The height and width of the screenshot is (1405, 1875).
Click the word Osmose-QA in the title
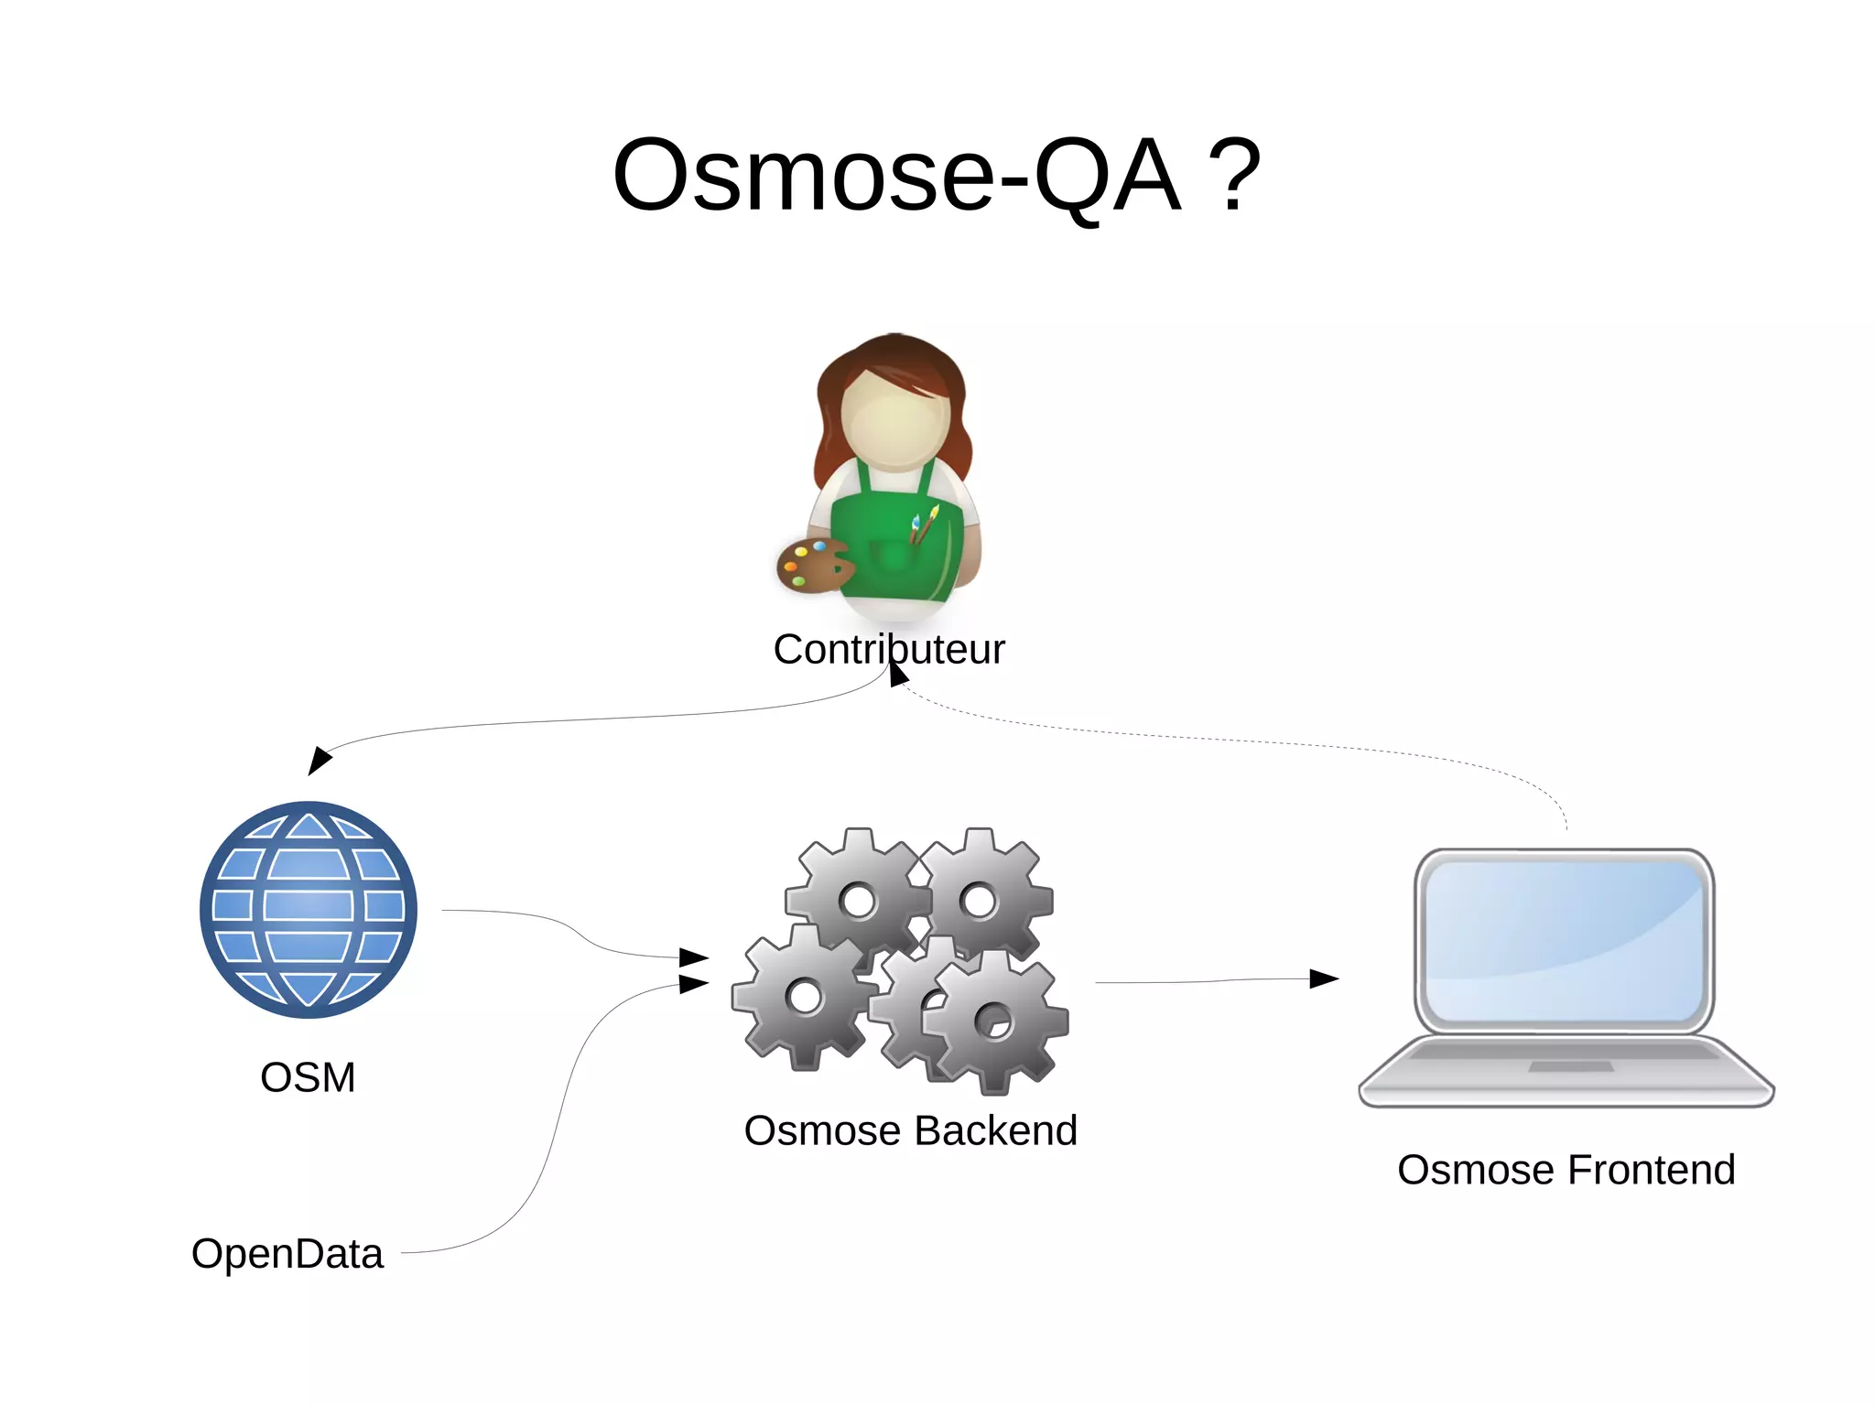[896, 176]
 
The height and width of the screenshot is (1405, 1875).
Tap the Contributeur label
[888, 649]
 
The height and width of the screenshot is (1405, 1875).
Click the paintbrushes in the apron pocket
[924, 525]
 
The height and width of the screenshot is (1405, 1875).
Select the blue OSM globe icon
[309, 909]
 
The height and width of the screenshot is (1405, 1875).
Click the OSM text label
[308, 1077]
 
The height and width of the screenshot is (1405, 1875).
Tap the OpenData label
[287, 1253]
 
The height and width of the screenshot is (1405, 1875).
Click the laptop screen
[1564, 941]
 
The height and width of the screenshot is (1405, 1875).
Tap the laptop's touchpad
[1570, 1066]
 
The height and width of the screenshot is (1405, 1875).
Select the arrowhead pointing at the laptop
[1324, 978]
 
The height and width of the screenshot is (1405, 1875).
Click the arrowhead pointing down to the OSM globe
[319, 760]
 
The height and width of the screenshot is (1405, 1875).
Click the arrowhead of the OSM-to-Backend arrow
[694, 958]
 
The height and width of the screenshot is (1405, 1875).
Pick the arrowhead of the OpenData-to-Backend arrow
[694, 984]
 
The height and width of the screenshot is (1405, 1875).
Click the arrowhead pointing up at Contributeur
[898, 675]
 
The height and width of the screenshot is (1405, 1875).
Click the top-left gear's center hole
[859, 900]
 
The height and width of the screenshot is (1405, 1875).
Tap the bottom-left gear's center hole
[805, 996]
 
